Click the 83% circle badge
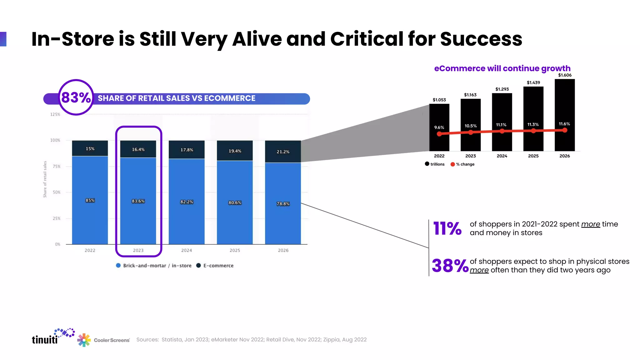click(76, 97)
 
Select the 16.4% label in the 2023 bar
click(138, 149)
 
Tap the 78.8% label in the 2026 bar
click(283, 204)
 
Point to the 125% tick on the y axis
click(55, 114)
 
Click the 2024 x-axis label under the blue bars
click(187, 250)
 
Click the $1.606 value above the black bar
click(565, 75)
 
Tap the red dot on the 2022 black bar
click(439, 134)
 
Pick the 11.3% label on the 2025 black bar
click(533, 124)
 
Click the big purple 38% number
click(450, 266)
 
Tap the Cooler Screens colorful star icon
click(84, 340)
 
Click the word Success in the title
click(481, 39)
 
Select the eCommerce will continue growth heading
click(502, 68)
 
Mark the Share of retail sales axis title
click(45, 179)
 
